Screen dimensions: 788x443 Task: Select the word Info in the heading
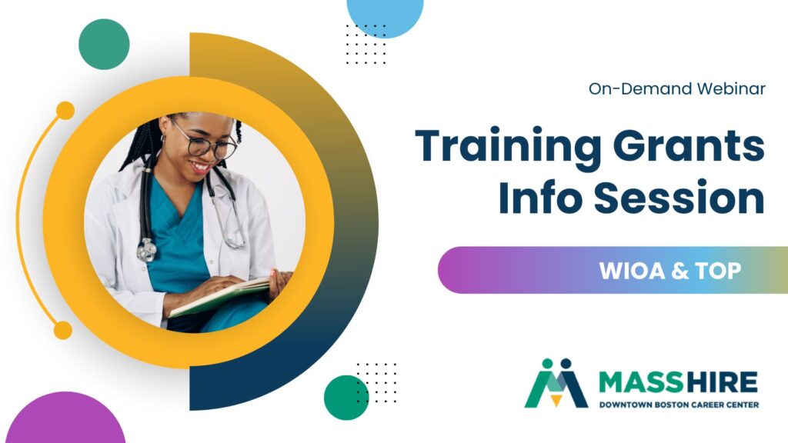541,197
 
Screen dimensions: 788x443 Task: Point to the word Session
679,198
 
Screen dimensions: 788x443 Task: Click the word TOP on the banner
719,271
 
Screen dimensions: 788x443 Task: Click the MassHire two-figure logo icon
556,383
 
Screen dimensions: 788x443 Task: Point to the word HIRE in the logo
721,383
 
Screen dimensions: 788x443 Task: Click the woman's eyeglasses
205,142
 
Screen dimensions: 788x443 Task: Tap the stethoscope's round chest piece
146,251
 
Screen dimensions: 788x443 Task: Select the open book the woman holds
219,296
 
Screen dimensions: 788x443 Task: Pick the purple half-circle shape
65,419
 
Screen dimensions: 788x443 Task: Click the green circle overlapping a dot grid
346,398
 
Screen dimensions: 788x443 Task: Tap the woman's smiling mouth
201,167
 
